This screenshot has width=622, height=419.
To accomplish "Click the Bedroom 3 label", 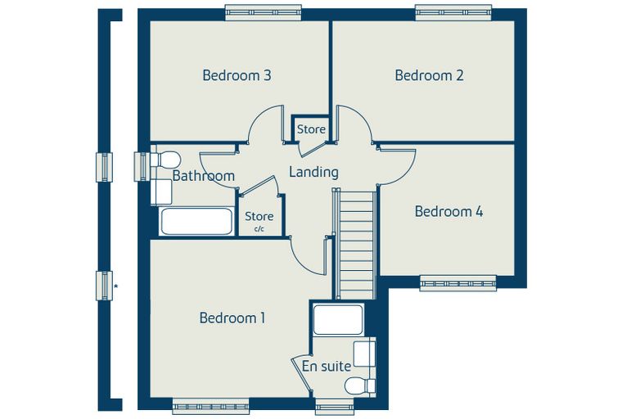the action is (x=237, y=75).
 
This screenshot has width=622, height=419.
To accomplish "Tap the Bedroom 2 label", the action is (x=429, y=75).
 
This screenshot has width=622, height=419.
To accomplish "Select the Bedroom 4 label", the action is (x=448, y=211).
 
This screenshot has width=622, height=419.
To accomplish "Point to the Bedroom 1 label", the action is (x=232, y=318).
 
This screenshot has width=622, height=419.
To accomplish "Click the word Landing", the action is (x=313, y=172).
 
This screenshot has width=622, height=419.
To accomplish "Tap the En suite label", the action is (x=326, y=366).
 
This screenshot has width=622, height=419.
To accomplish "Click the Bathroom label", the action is (x=204, y=175).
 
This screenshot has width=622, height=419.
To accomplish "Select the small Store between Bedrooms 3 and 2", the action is (x=311, y=129).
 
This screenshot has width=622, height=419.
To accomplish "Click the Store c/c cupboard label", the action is (x=259, y=220).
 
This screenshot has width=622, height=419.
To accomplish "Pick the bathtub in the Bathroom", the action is (x=196, y=221).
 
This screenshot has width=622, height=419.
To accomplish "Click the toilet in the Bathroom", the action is (x=165, y=159).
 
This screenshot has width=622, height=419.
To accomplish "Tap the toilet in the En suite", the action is (x=360, y=385).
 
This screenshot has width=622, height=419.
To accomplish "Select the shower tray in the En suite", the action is (x=337, y=319).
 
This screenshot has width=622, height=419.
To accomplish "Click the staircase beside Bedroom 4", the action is (x=355, y=245).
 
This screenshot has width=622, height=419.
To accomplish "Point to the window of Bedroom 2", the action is (x=453, y=13).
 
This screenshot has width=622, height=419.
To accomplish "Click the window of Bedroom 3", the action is (x=264, y=13).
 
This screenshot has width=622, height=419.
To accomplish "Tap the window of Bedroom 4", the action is (x=458, y=283).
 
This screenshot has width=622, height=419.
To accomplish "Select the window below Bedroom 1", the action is (x=210, y=406).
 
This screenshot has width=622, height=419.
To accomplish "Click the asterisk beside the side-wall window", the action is (x=116, y=286).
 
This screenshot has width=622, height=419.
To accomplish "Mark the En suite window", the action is (x=335, y=406).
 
